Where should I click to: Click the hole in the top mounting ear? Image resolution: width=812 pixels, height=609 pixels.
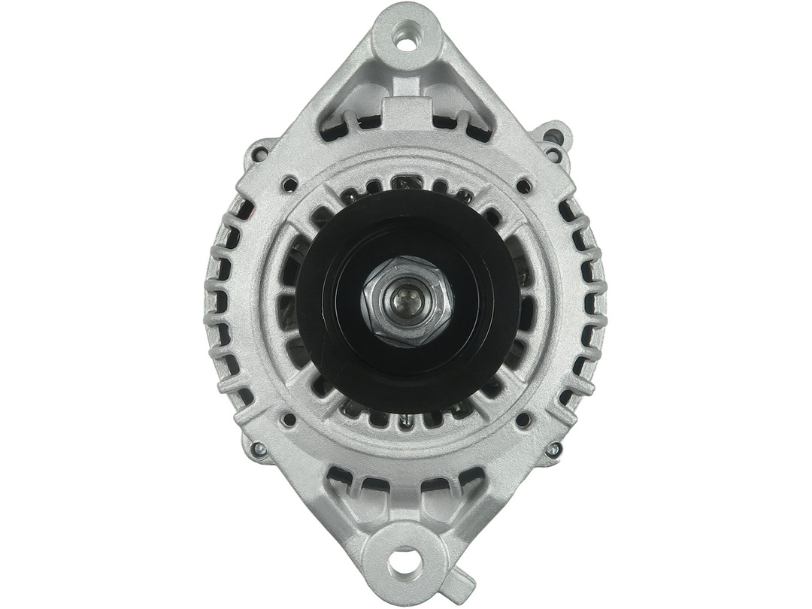[406, 42]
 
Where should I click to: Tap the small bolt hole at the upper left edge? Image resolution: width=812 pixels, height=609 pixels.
[260, 154]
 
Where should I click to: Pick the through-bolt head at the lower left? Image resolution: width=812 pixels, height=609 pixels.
[259, 450]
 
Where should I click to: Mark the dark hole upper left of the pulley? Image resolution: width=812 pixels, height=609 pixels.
[289, 182]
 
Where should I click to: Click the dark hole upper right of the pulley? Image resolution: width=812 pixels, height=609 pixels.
[523, 183]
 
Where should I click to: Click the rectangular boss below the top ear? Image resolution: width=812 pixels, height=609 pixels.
[406, 113]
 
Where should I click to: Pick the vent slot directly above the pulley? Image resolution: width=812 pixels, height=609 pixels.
[406, 183]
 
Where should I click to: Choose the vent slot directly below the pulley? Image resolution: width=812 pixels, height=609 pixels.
[406, 418]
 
